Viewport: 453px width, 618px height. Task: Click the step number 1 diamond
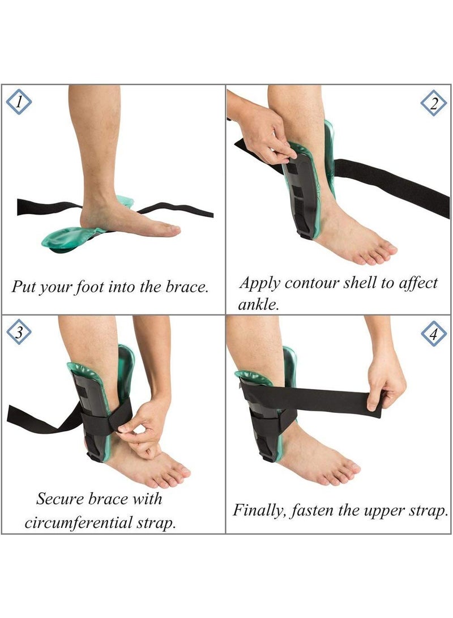pyautogui.click(x=19, y=103)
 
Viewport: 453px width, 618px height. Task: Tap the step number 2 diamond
pyautogui.click(x=434, y=103)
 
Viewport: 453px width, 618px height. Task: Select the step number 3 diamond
pyautogui.click(x=19, y=332)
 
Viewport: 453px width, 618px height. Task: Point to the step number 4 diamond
pyautogui.click(x=434, y=333)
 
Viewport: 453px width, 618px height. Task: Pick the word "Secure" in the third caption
pyautogui.click(x=60, y=499)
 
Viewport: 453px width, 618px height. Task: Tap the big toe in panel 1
pyautogui.click(x=170, y=230)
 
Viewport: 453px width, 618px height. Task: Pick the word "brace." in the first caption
pyautogui.click(x=187, y=286)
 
